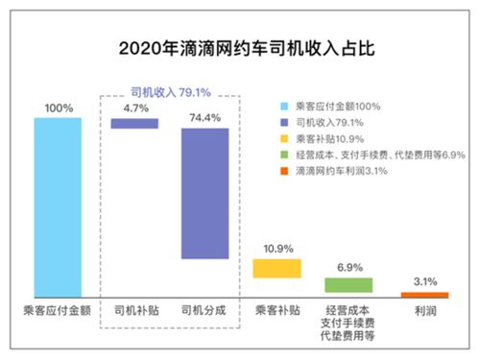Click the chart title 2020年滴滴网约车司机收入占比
pyautogui.click(x=239, y=46)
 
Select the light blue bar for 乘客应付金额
pyautogui.click(x=58, y=205)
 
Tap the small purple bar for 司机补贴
pyautogui.click(x=135, y=123)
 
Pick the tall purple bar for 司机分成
pyautogui.click(x=204, y=193)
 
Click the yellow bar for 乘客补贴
pyautogui.click(x=276, y=268)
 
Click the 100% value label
pyautogui.click(x=58, y=108)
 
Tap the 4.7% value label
pyautogui.click(x=135, y=108)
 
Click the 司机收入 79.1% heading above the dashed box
pyautogui.click(x=170, y=92)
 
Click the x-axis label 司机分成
pyautogui.click(x=204, y=311)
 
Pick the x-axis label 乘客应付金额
pyautogui.click(x=58, y=311)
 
